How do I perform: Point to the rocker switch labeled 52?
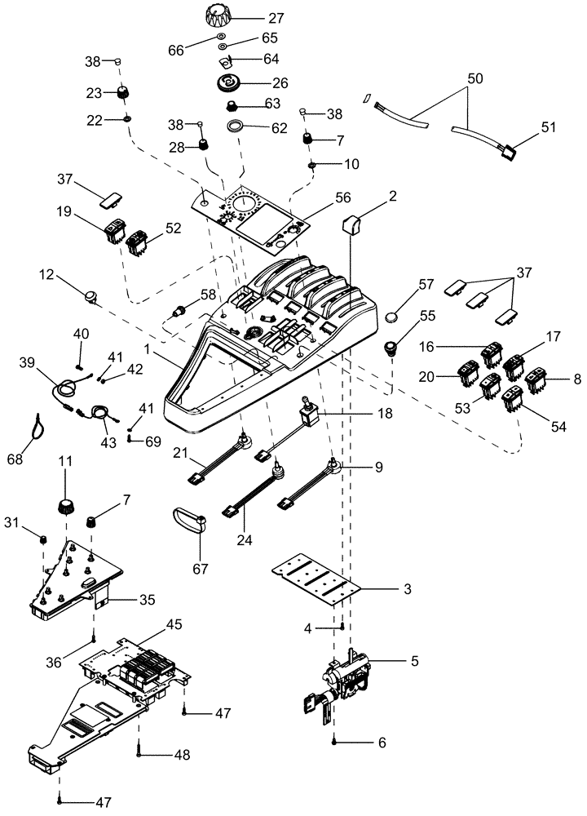click(x=139, y=239)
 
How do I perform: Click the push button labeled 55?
click(x=395, y=351)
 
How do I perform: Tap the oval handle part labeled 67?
click(x=192, y=521)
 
